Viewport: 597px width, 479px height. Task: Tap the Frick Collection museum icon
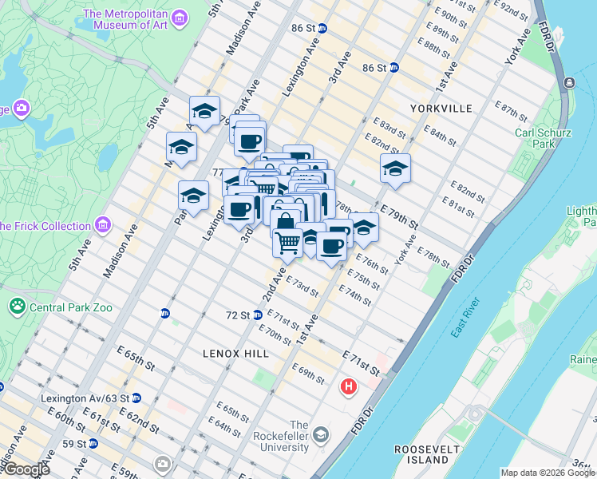pos(102,226)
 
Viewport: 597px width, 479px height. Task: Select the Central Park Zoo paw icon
pos(17,306)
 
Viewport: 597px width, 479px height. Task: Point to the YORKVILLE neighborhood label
pos(441,108)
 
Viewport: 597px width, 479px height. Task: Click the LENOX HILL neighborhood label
pos(235,352)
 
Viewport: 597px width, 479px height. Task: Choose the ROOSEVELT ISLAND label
pos(422,454)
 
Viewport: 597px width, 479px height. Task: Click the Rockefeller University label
pos(298,436)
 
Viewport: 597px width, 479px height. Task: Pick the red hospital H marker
pos(349,388)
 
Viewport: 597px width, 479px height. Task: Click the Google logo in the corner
pos(26,469)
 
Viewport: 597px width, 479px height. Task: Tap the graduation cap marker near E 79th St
pos(394,168)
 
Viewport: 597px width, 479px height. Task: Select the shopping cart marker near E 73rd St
pos(287,241)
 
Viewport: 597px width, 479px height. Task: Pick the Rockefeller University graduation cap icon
pos(321,435)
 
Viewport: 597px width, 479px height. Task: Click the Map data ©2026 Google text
pos(548,473)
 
